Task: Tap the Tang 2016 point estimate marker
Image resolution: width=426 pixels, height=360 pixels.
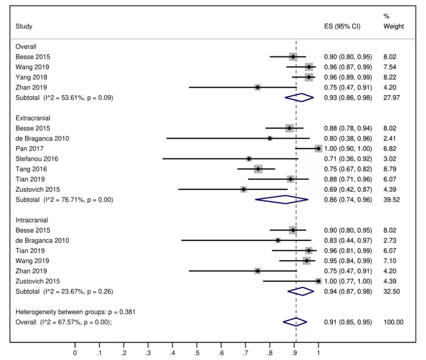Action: (x=258, y=169)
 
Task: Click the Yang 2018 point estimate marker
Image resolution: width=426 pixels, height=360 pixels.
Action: (x=308, y=77)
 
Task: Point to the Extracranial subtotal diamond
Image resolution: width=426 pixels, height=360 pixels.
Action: (x=282, y=200)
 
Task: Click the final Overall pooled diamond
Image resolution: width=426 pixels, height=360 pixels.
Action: (x=295, y=322)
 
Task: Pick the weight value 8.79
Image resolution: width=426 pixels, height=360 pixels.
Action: (x=390, y=169)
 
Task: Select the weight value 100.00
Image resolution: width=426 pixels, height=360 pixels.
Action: (x=393, y=322)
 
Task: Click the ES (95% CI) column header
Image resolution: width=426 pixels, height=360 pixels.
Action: (x=342, y=27)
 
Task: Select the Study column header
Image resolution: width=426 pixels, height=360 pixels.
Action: (x=24, y=27)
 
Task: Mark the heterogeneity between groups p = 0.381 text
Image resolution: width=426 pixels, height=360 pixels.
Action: (x=75, y=312)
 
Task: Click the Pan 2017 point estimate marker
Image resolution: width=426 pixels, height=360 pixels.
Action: (x=318, y=148)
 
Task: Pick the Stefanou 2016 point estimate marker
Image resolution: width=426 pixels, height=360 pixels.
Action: (x=249, y=159)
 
